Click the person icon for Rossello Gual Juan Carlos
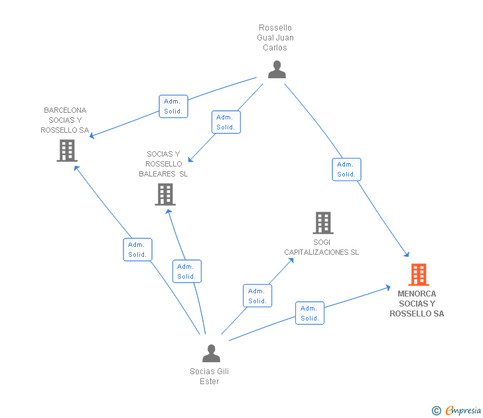[x=277, y=69]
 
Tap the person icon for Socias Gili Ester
[x=211, y=353]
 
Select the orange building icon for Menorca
[x=418, y=274]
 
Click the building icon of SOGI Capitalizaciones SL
[x=322, y=223]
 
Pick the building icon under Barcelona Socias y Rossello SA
[x=66, y=151]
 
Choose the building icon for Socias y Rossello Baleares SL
[x=165, y=194]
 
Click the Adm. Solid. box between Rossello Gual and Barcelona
[x=173, y=106]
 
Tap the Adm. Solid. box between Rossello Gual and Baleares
[x=226, y=122]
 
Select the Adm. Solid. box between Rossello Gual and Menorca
[x=346, y=169]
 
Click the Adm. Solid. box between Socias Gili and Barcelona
[x=137, y=249]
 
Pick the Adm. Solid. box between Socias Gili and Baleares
[x=186, y=271]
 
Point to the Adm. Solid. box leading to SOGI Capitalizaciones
[x=257, y=296]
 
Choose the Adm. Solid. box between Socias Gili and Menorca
[x=310, y=313]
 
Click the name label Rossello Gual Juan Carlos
[x=275, y=38]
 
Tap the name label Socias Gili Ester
[x=209, y=376]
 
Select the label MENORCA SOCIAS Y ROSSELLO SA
[x=417, y=303]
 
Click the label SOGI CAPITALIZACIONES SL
[x=322, y=247]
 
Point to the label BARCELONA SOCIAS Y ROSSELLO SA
[x=65, y=120]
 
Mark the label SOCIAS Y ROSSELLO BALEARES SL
[x=163, y=164]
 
